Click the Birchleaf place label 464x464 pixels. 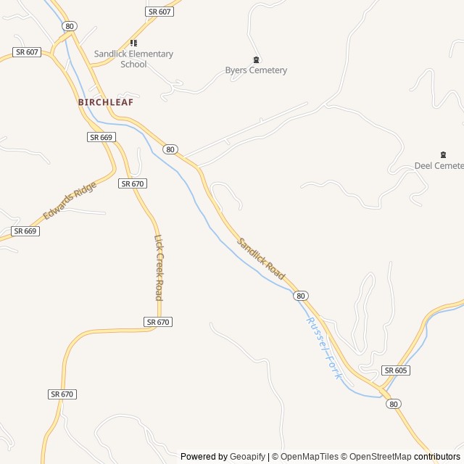tap(106, 102)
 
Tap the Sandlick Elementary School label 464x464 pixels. tap(133, 59)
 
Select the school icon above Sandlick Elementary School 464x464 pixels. tap(133, 43)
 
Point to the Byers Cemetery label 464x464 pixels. tap(256, 70)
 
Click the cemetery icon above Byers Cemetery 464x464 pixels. tap(256, 59)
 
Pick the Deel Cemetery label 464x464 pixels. tap(439, 165)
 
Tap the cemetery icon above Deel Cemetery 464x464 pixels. tap(443, 154)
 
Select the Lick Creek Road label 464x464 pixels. tap(159, 267)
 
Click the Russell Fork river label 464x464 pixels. tap(323, 348)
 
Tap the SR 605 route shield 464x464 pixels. tap(397, 370)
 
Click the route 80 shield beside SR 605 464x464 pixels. tap(393, 403)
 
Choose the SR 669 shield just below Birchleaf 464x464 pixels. tap(101, 137)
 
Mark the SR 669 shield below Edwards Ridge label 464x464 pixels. tap(25, 231)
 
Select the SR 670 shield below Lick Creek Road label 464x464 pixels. tap(158, 322)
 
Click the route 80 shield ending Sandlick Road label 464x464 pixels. tap(301, 296)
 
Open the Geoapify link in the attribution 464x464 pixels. tap(248, 457)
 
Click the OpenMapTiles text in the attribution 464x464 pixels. tap(309, 457)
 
